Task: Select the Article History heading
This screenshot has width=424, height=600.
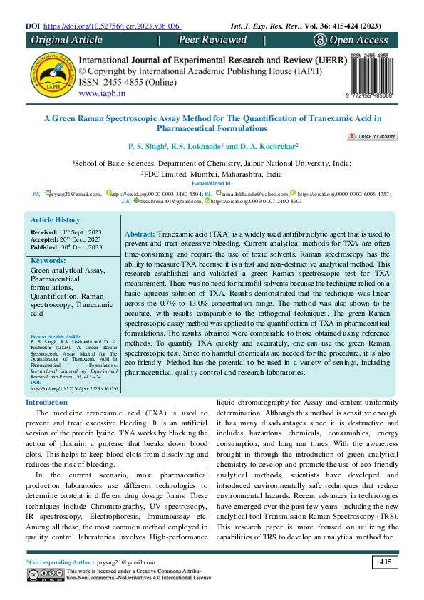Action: [56, 202]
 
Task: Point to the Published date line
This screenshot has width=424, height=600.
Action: [66, 227]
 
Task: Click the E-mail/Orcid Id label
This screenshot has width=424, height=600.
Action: [212, 183]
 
